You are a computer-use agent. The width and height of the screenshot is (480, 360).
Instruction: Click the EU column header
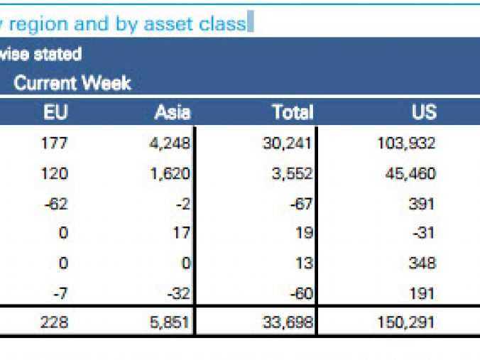click(x=55, y=111)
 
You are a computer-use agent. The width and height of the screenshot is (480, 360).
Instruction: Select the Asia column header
click(x=173, y=111)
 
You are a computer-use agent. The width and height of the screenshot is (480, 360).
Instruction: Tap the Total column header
click(x=292, y=111)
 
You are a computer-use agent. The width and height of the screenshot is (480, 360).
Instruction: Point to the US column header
click(x=423, y=111)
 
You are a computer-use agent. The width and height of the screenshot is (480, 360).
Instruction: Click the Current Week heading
click(x=72, y=83)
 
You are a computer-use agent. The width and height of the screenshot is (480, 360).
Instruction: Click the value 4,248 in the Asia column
click(x=170, y=143)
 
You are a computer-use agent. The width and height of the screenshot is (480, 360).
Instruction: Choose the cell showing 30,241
click(x=287, y=143)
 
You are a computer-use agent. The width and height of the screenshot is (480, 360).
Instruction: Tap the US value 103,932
click(x=405, y=143)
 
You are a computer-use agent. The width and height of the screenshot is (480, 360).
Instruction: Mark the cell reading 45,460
click(x=410, y=174)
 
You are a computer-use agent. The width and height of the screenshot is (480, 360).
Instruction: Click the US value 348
click(x=422, y=263)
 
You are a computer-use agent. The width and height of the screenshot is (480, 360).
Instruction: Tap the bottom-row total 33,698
click(x=287, y=323)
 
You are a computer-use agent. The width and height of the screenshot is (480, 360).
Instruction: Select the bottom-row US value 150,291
click(x=405, y=323)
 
